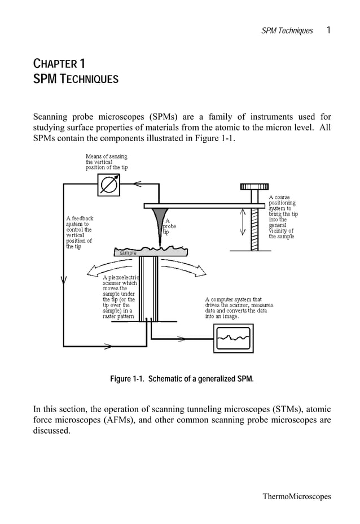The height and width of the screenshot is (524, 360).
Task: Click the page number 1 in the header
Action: click(328, 30)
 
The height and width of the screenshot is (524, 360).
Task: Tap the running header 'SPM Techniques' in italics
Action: click(287, 30)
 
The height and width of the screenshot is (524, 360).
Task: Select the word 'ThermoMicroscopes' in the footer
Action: click(297, 496)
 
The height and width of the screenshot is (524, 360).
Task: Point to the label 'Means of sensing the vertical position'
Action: click(106, 161)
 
